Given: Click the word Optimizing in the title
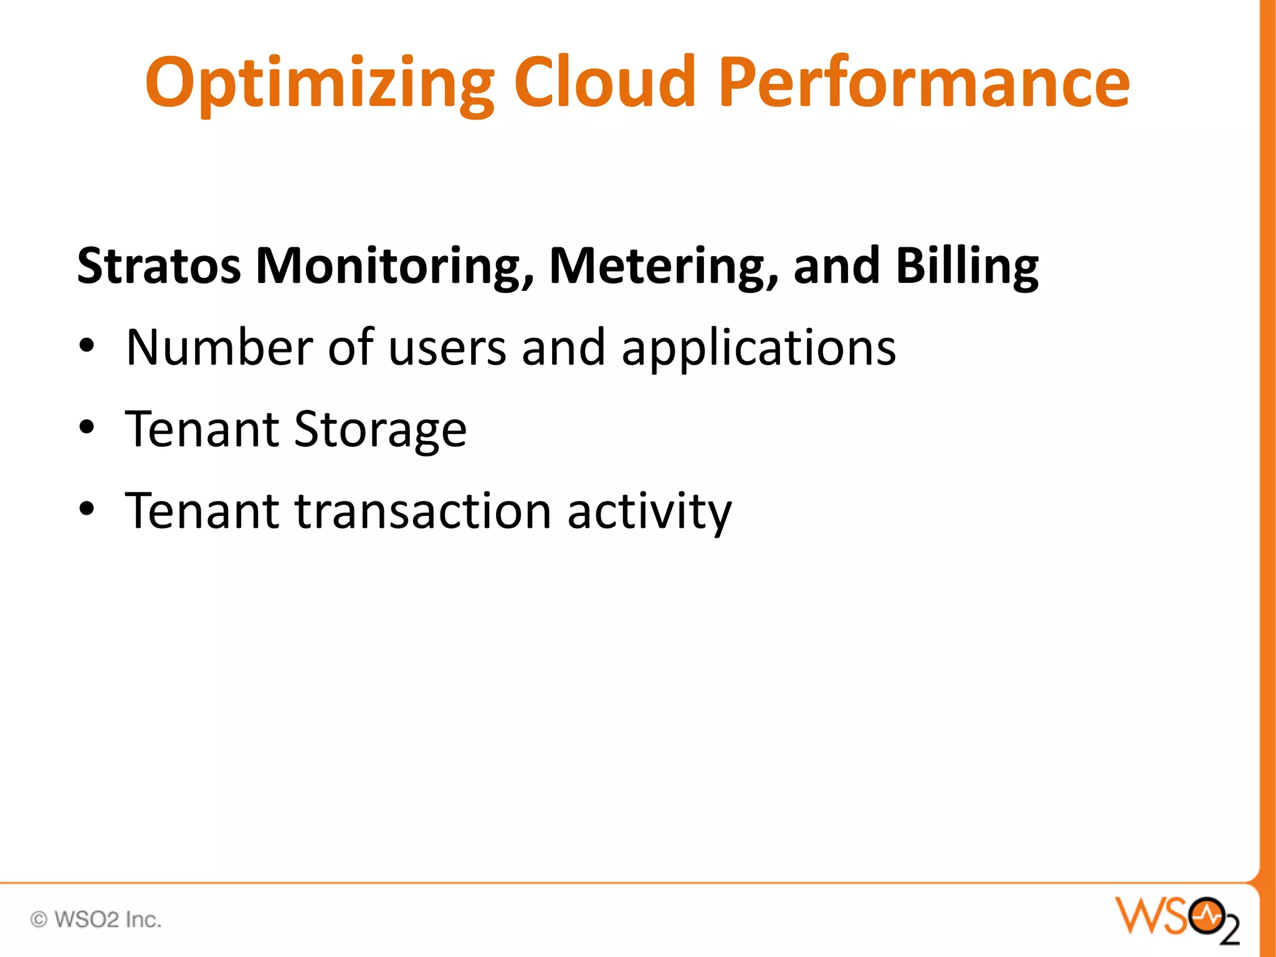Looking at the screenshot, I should tap(319, 84).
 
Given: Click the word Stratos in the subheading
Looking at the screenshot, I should tap(159, 266).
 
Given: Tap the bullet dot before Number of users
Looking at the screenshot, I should tap(87, 346).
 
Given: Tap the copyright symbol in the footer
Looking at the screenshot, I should tap(39, 920).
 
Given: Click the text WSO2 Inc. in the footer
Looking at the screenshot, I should tap(108, 920).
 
